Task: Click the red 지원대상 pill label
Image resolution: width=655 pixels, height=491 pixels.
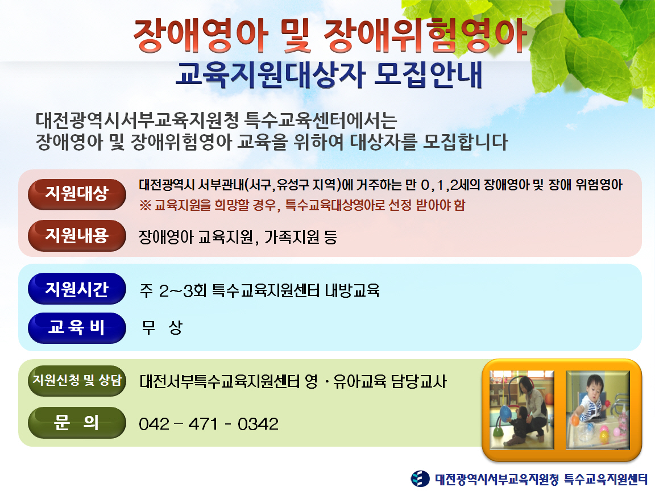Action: pos(77,194)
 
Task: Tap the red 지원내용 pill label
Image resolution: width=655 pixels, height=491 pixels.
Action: pos(77,236)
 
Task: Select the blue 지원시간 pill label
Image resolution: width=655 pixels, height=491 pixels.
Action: pos(77,289)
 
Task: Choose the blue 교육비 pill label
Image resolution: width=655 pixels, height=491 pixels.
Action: pos(77,328)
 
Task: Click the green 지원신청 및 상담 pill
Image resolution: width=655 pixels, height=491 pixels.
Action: pos(77,380)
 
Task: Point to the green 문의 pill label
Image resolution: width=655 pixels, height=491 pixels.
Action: pos(77,423)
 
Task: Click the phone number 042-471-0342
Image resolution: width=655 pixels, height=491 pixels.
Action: pos(209,424)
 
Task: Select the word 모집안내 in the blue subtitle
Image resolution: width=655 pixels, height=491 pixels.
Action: pos(428,75)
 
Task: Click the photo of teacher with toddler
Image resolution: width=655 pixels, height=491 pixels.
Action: pos(522,410)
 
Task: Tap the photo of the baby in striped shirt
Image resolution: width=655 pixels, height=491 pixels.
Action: pos(598,410)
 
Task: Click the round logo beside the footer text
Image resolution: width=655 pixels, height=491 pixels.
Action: pos(420,478)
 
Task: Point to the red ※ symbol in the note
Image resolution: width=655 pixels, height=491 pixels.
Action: pos(145,205)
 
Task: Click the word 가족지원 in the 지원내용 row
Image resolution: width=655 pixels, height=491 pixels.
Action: pos(292,237)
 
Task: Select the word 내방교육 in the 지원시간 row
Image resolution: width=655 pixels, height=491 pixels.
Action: pos(352,290)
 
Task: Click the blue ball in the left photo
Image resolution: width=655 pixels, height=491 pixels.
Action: pos(506,414)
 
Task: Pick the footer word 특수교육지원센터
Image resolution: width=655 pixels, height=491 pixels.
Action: pos(606,479)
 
